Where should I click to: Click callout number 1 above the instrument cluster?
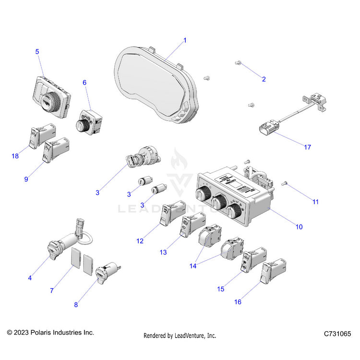[185, 40]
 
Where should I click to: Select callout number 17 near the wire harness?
[308, 147]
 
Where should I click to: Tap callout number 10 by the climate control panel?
[299, 227]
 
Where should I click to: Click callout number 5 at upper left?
[37, 51]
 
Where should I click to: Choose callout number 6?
[84, 83]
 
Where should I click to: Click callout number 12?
[140, 241]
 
